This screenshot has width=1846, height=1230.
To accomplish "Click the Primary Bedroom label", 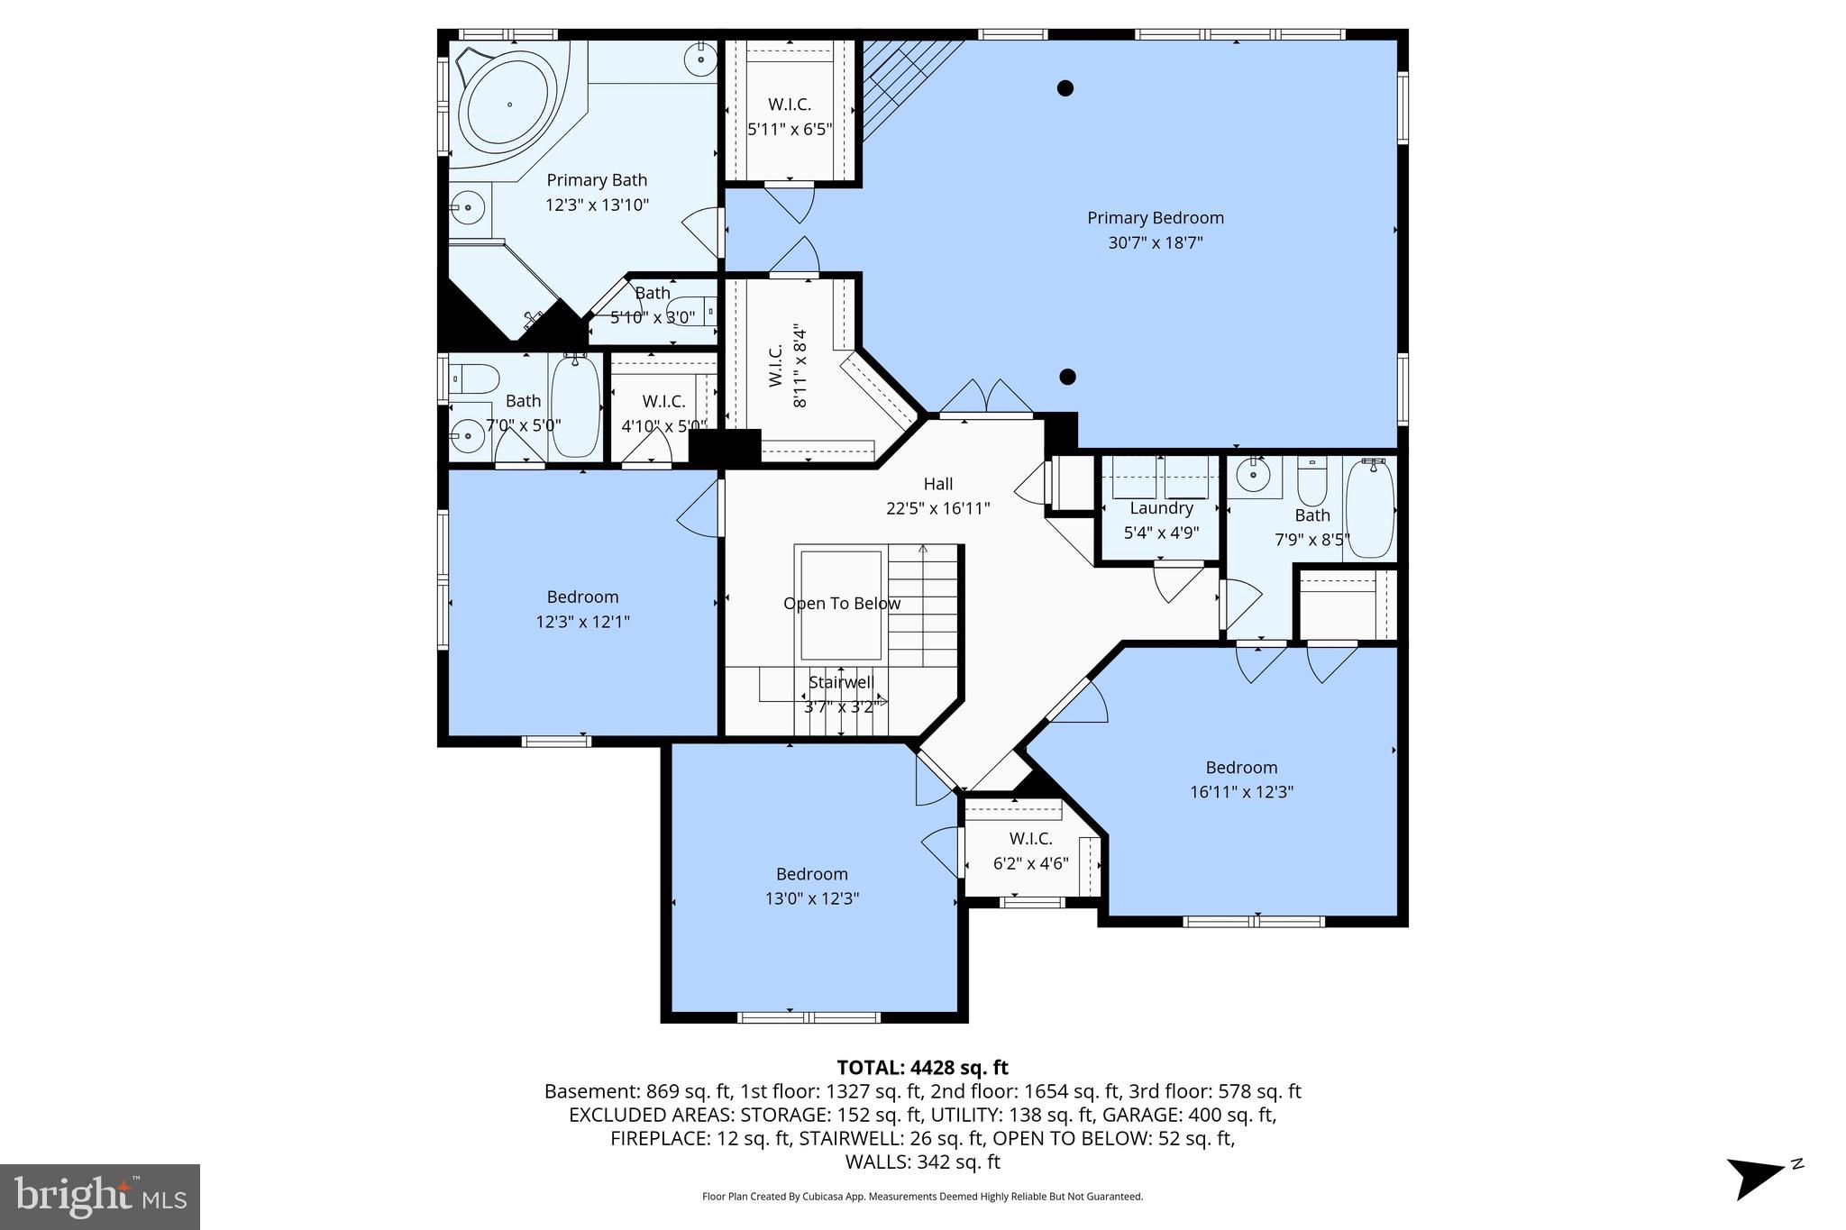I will [x=1155, y=218].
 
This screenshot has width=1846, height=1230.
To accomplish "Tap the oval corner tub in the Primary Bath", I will [x=510, y=105].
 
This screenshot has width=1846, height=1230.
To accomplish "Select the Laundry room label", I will [x=1161, y=508].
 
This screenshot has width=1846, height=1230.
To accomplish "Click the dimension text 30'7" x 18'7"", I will [x=1155, y=242].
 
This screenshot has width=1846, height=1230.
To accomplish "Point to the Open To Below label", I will [x=841, y=604].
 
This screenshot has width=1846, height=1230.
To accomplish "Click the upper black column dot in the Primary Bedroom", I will [x=1065, y=88].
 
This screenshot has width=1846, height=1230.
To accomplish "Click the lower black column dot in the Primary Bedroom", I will [x=1067, y=377].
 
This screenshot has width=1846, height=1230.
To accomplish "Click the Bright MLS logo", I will [x=100, y=1197].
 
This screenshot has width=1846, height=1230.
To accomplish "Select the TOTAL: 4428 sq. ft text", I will [x=922, y=1068].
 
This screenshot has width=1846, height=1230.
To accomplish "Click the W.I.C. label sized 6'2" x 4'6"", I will [x=1030, y=839].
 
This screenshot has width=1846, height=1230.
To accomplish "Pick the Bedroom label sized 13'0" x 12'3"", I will [x=811, y=874].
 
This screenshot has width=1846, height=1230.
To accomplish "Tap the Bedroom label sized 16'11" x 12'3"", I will [x=1241, y=768].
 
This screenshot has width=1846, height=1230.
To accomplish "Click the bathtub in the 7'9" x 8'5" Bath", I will [x=1370, y=509].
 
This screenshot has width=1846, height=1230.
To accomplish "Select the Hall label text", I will [x=937, y=484].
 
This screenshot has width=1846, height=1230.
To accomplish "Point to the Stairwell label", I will [x=840, y=682].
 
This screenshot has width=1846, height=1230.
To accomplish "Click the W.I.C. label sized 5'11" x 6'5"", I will [x=789, y=105].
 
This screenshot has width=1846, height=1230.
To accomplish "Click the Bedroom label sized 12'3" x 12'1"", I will [x=582, y=597].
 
